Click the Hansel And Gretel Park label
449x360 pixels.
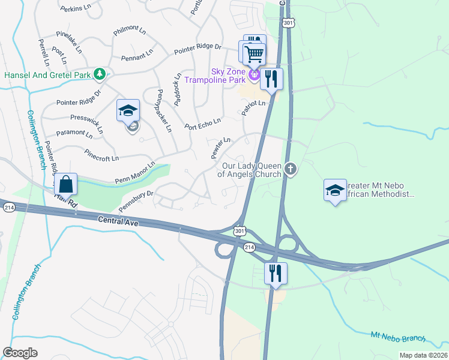[x=47, y=75]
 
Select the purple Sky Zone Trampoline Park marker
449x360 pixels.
[x=255, y=74]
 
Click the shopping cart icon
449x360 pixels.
[x=255, y=53]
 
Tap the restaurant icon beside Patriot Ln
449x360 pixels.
[x=271, y=79]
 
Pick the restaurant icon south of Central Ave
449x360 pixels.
[x=276, y=273]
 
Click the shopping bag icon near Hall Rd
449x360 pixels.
[x=66, y=184]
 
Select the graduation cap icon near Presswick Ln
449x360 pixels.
[x=128, y=110]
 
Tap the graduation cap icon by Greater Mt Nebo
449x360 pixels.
[x=335, y=190]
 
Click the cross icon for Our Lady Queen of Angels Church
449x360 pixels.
[x=291, y=169]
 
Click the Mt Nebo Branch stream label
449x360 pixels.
[x=397, y=338]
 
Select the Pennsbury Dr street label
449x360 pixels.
[x=136, y=199]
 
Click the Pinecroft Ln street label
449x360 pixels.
[x=101, y=155]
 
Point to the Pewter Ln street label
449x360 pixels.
[x=220, y=148]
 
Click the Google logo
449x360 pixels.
[x=20, y=352]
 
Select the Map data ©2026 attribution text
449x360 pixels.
[x=423, y=355]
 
